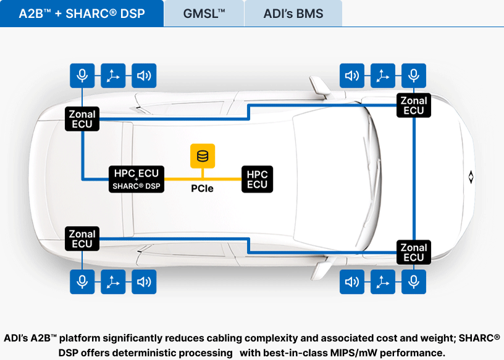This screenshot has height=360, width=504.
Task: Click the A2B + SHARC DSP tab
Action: coord(82,13)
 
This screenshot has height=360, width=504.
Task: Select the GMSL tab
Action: coord(204,13)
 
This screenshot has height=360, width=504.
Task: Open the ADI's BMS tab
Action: coord(293,13)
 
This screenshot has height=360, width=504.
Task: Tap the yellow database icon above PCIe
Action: coord(202,156)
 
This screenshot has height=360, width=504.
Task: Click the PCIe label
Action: coord(202,188)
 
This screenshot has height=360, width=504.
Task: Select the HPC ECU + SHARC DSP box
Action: coord(136,179)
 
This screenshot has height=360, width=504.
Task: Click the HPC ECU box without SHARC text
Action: coord(257,179)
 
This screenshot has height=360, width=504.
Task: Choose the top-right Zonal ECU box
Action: coord(414,106)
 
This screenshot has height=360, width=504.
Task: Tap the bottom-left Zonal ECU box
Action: coord(82,239)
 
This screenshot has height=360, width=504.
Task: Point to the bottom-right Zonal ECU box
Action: coord(414,253)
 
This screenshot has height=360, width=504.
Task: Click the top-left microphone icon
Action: coord(82,76)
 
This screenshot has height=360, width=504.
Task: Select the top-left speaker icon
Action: coord(144,76)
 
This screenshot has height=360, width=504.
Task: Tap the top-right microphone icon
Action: coord(414,76)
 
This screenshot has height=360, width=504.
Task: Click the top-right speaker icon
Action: coord(352,76)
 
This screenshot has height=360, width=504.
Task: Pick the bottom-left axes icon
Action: coord(113,282)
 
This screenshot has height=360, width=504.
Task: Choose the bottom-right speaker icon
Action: coord(352,282)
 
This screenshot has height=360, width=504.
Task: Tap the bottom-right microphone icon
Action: coord(414,282)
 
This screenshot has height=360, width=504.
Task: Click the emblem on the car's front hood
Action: coord(471,177)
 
